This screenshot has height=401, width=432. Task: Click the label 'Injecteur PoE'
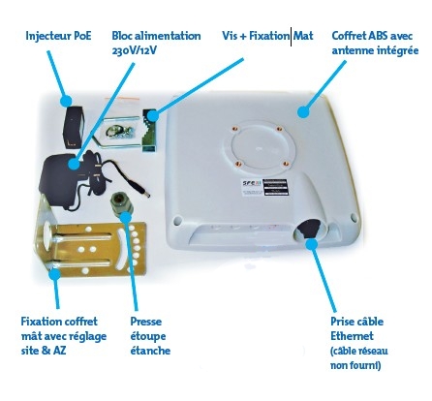coord(58,36)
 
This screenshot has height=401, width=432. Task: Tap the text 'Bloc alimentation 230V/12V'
coord(156,43)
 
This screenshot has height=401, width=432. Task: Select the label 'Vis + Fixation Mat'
coord(267,36)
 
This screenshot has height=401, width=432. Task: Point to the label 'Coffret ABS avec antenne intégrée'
coord(375,43)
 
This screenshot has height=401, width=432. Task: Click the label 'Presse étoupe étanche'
coord(150,336)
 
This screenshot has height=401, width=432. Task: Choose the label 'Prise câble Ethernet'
coord(356,328)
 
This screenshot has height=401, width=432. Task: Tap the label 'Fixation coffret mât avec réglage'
coord(64,328)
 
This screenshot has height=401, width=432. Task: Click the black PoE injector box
coord(75,127)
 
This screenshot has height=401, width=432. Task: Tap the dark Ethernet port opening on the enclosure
coord(307,229)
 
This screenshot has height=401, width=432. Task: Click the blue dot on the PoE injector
coord(67,101)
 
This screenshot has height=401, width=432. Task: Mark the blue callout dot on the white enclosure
coord(303,112)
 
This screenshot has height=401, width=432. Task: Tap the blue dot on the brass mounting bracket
coord(55,274)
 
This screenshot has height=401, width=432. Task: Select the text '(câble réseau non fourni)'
coord(358,358)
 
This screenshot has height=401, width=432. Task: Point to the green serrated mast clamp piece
coord(149,130)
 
